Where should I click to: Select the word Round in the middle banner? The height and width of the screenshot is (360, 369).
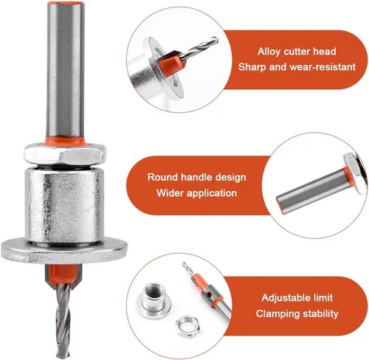click(x=162, y=177)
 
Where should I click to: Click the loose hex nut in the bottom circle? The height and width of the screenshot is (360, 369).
click(x=187, y=324)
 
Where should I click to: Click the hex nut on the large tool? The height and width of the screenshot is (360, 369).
click(x=65, y=154)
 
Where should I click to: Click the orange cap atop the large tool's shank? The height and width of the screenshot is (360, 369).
click(x=66, y=4)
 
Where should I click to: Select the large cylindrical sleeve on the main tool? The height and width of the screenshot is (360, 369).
click(x=64, y=204)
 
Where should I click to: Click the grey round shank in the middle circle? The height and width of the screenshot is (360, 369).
click(x=312, y=189)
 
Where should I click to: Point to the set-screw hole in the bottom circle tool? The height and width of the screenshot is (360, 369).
click(x=209, y=294)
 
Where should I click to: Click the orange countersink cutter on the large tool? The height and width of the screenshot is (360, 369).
click(x=63, y=276)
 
